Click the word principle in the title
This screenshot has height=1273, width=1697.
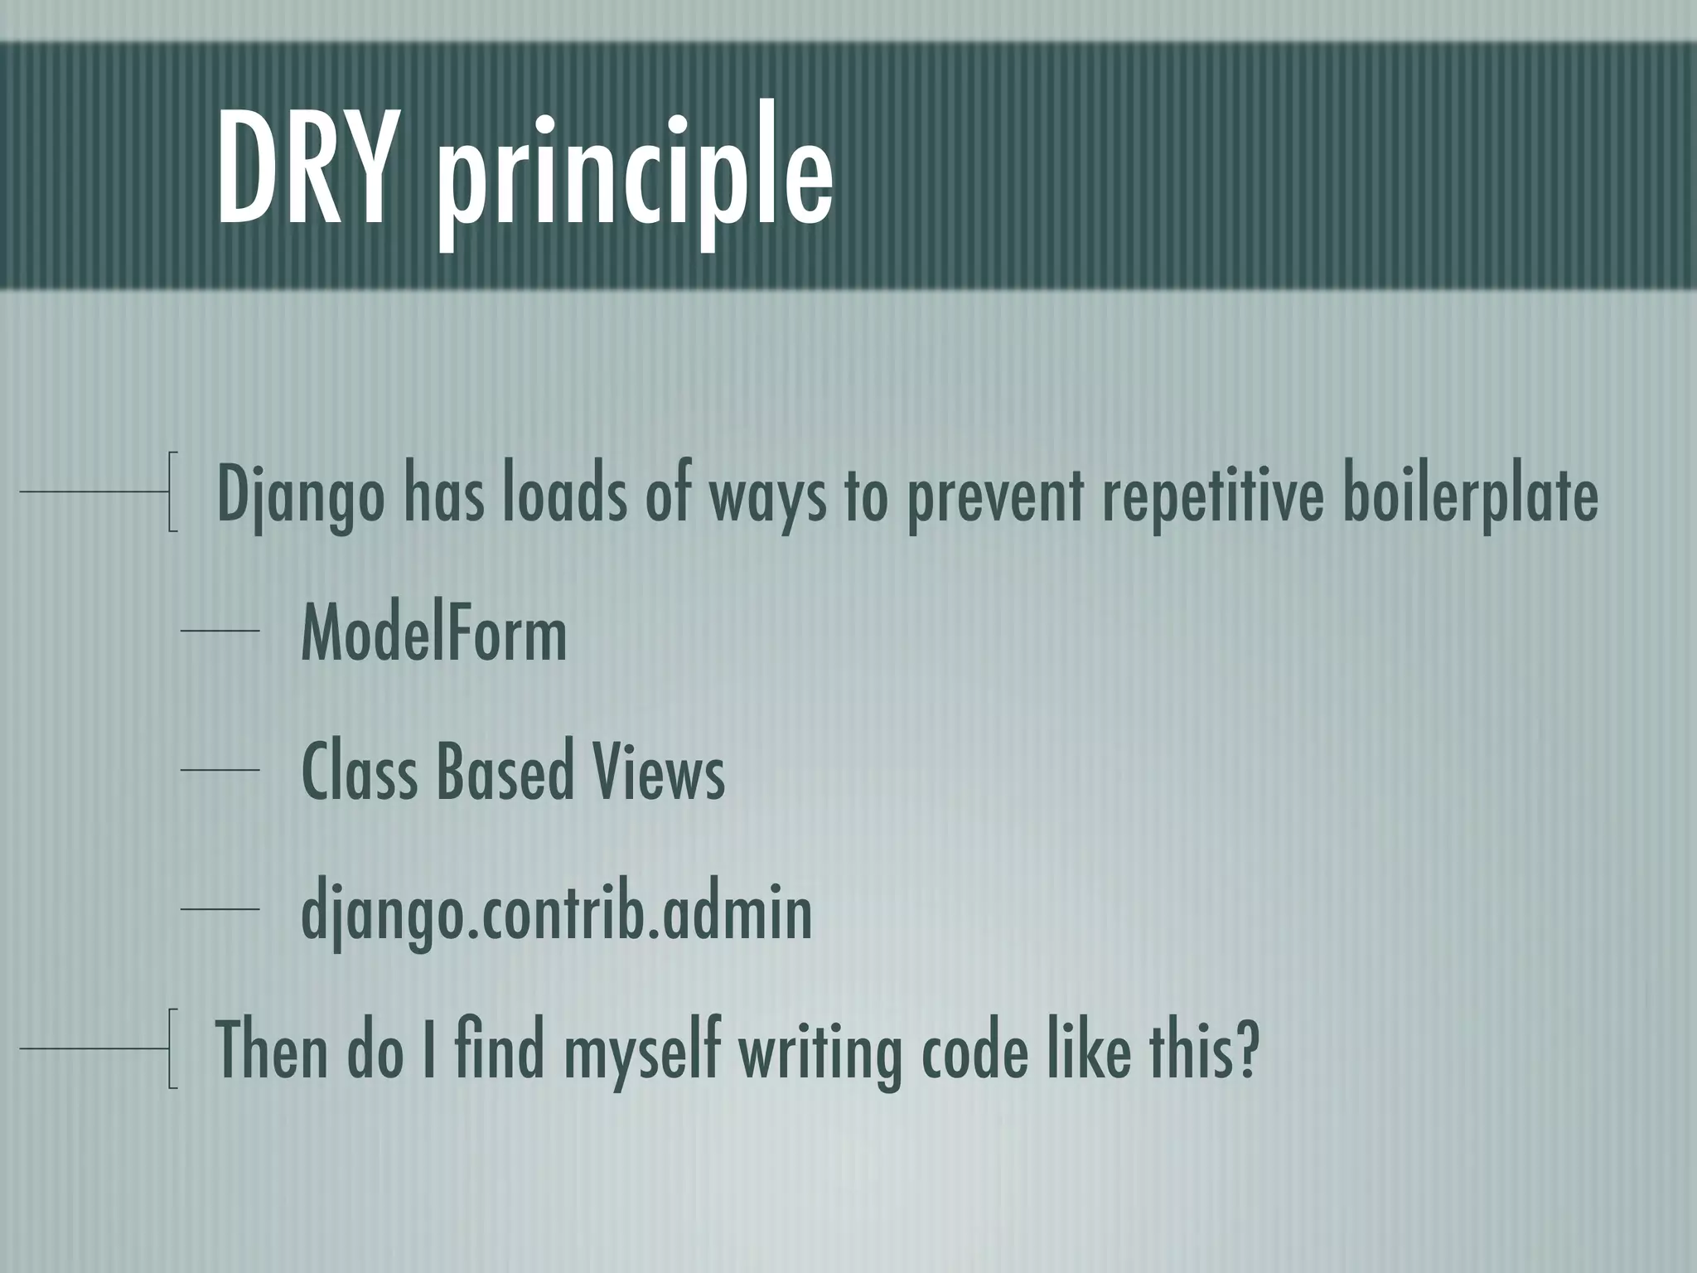pyautogui.click(x=636, y=178)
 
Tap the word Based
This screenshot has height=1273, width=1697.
pyautogui.click(x=504, y=772)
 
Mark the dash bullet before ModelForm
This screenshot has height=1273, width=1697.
pyautogui.click(x=220, y=632)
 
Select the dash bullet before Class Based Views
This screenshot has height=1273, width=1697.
pyautogui.click(x=220, y=771)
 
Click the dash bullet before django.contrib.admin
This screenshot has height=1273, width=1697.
pyautogui.click(x=220, y=910)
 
